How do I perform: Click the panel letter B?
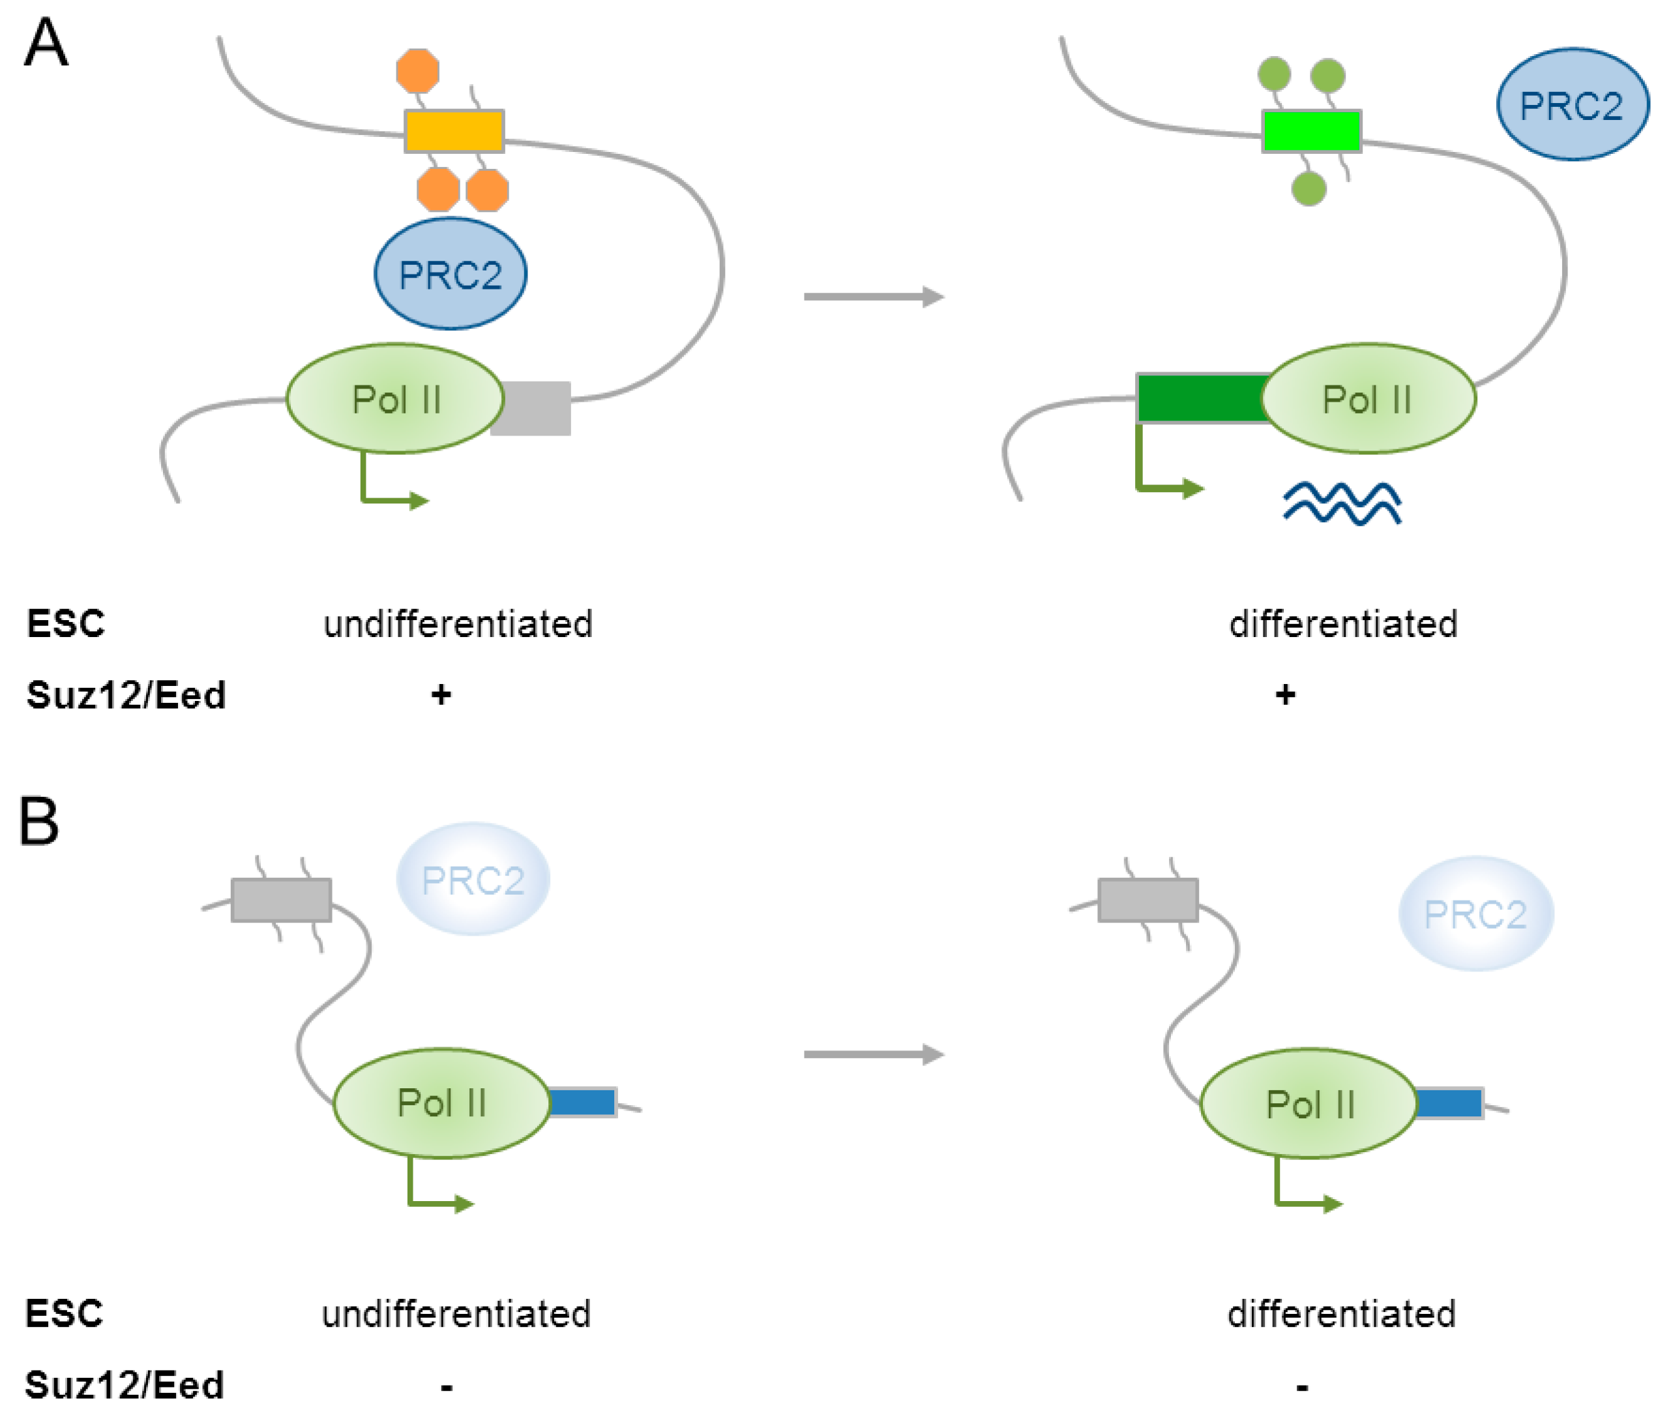(x=39, y=821)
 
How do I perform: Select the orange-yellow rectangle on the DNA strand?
(x=454, y=131)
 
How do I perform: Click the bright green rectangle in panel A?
(x=1312, y=131)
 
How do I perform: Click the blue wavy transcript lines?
(x=1342, y=503)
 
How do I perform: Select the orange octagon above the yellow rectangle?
(x=418, y=71)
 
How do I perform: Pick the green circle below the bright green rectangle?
(x=1309, y=189)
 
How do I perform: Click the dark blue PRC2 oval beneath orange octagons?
(x=451, y=274)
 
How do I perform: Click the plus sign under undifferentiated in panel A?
(x=441, y=694)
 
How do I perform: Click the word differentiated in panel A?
(x=1342, y=624)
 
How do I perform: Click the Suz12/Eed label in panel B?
(x=124, y=1385)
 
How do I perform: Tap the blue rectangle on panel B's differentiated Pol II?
(x=1449, y=1103)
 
